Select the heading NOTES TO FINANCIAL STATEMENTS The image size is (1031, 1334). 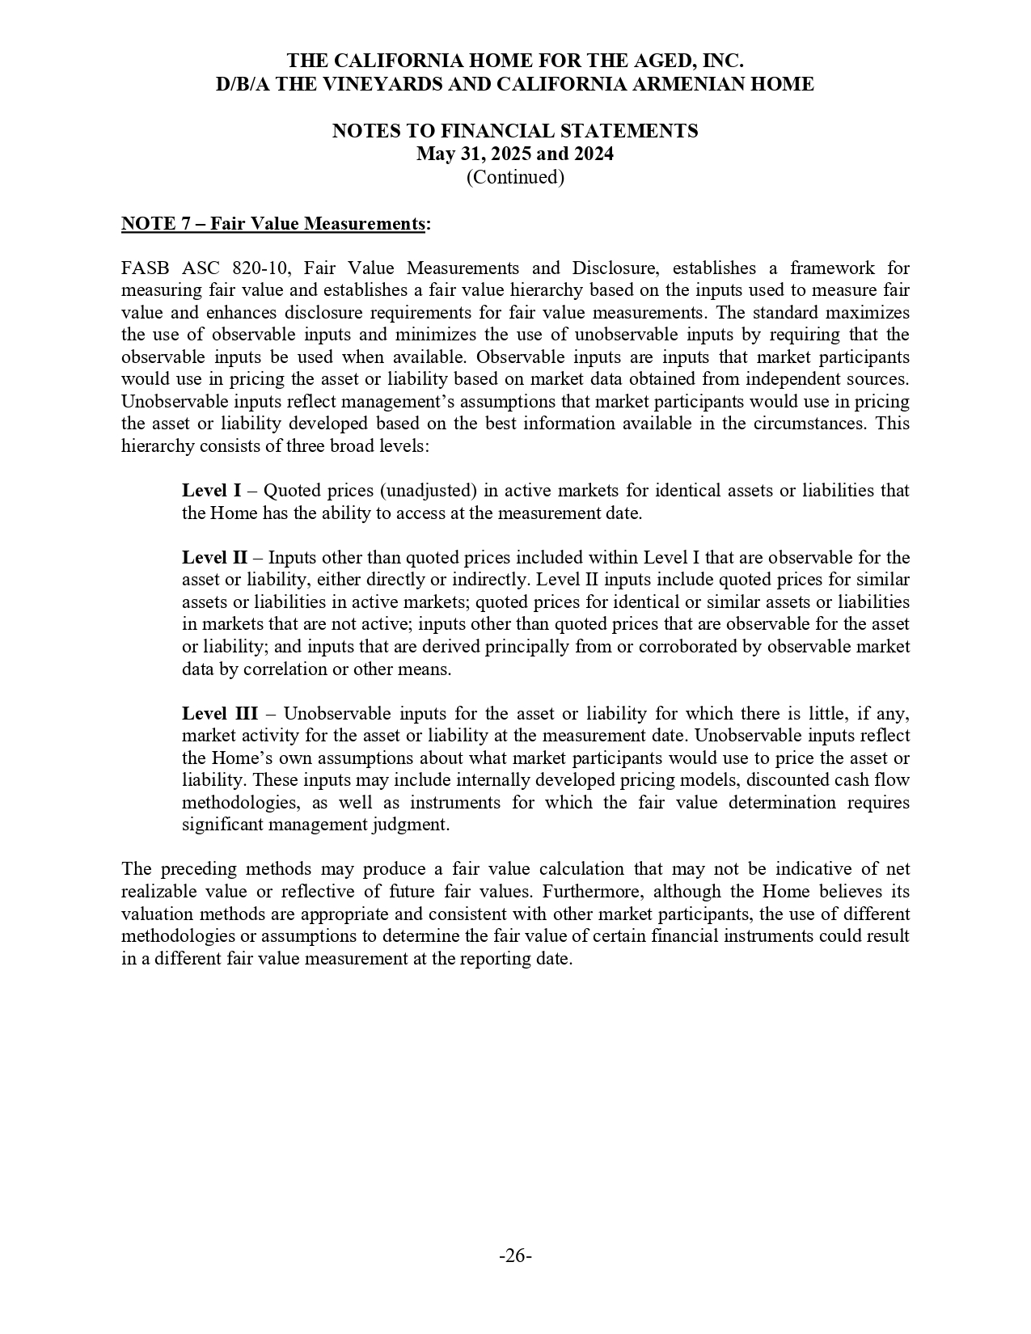pyautogui.click(x=515, y=131)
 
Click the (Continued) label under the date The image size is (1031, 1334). pyautogui.click(x=515, y=176)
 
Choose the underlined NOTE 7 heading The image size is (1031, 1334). pyautogui.click(x=273, y=223)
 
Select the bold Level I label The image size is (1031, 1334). pyautogui.click(x=211, y=491)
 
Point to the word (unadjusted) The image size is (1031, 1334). pyautogui.click(x=428, y=491)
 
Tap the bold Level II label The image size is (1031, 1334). pyautogui.click(x=214, y=558)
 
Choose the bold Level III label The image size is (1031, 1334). pyautogui.click(x=219, y=714)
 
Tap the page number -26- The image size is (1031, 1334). pyautogui.click(x=515, y=1256)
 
